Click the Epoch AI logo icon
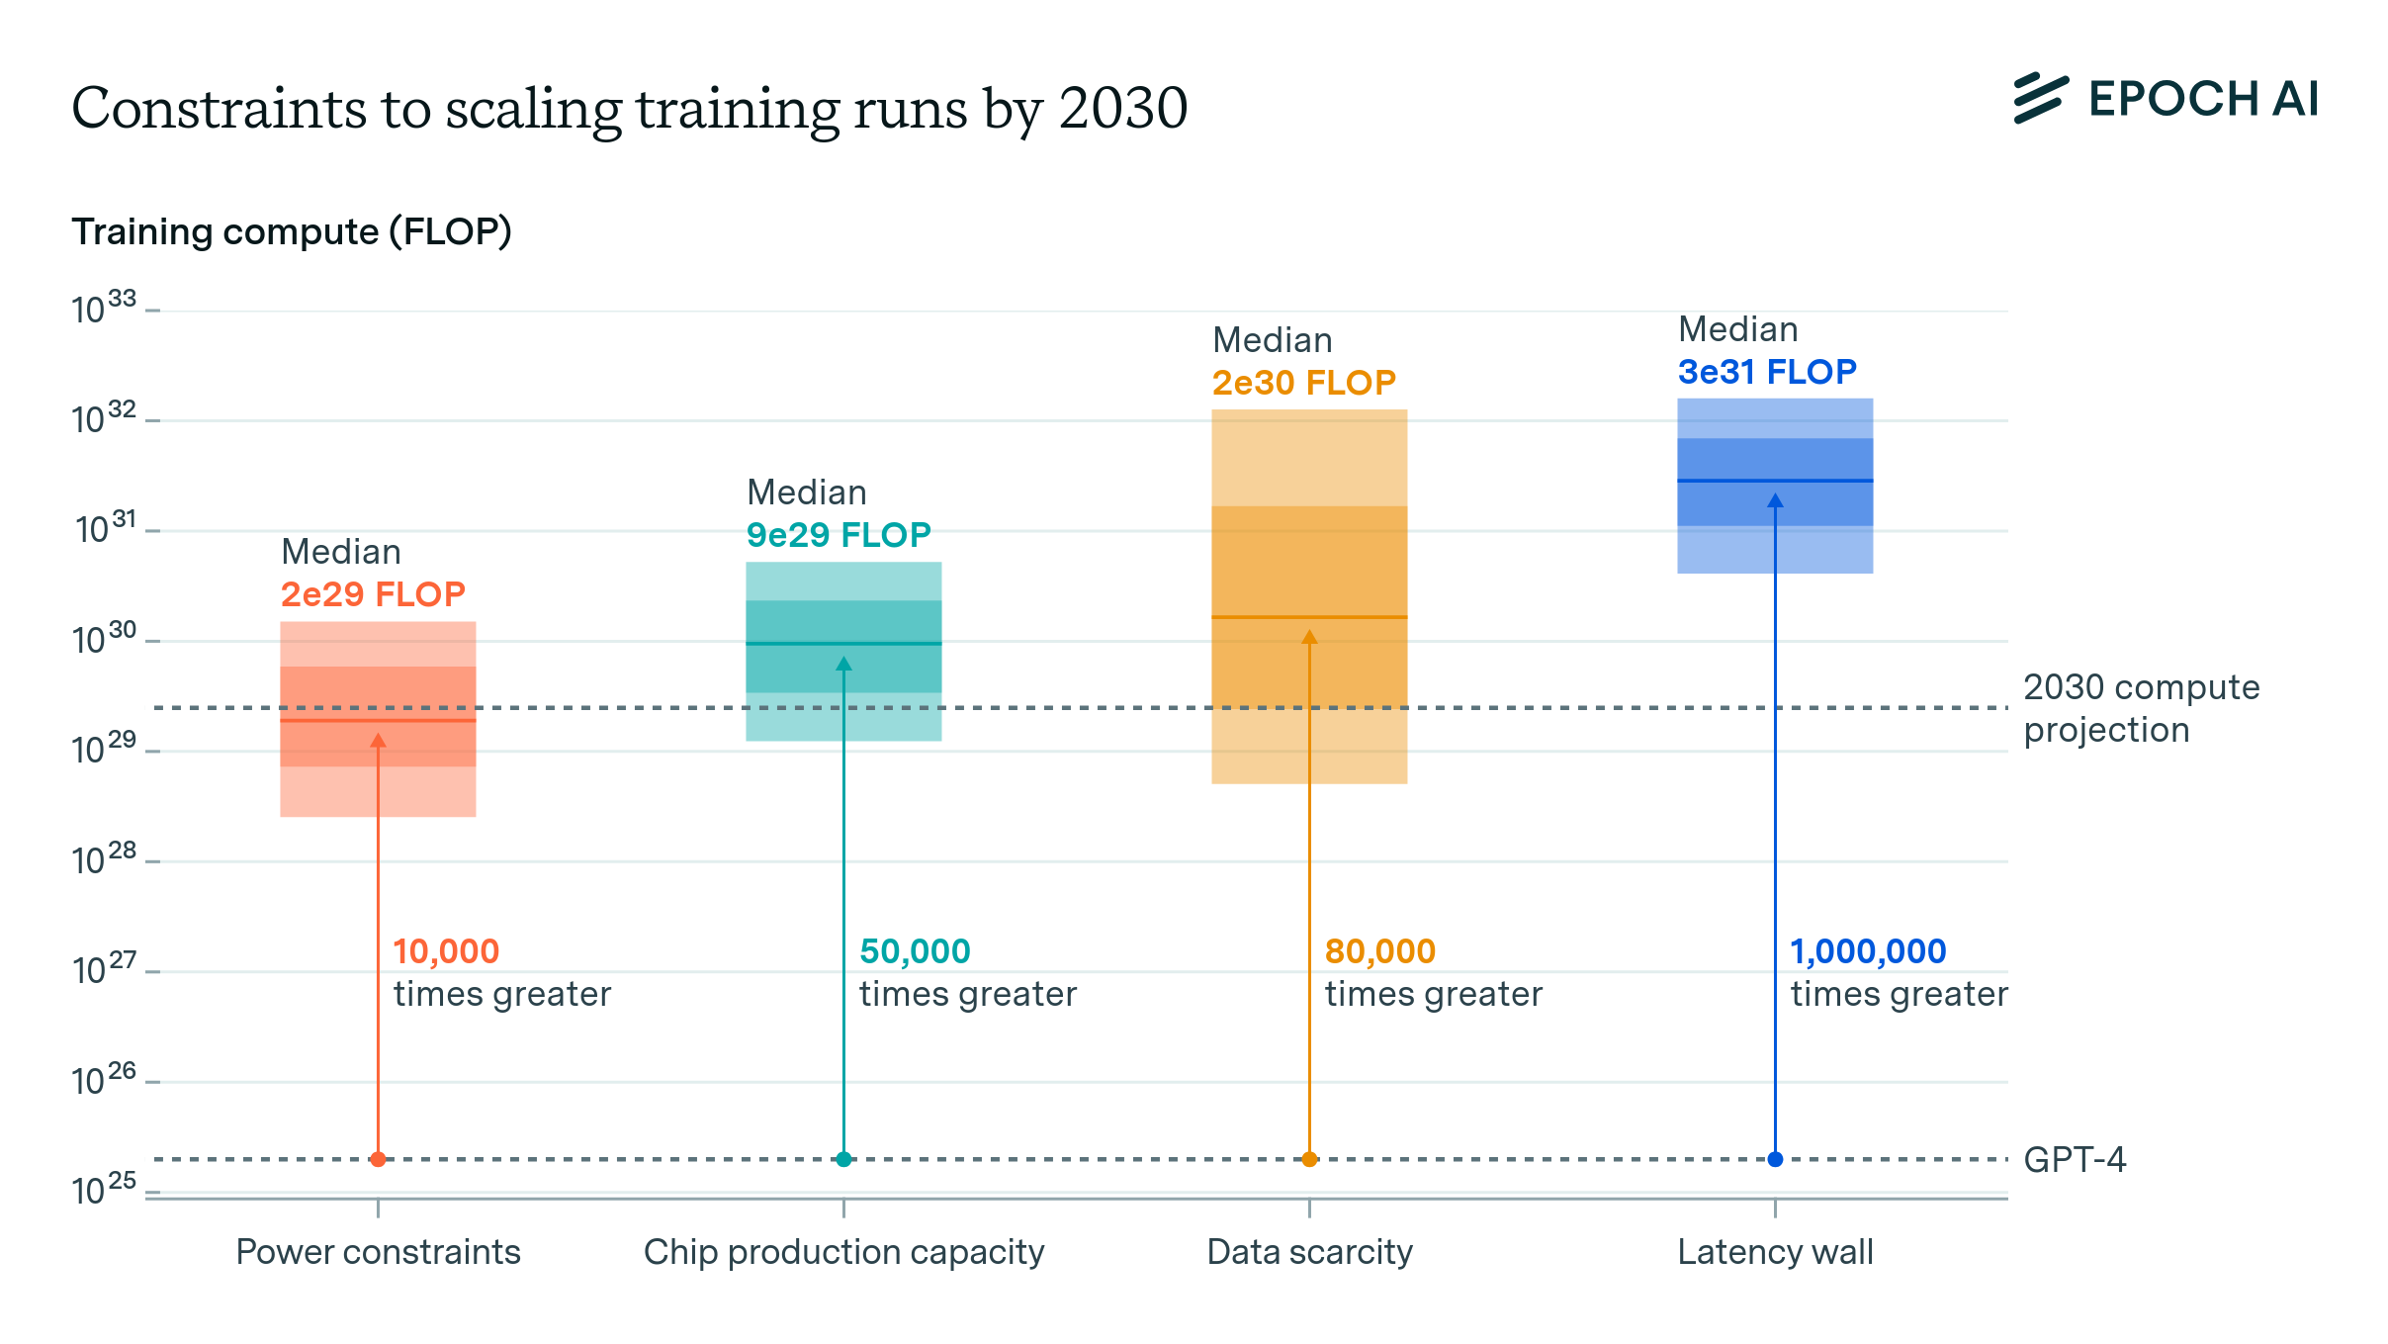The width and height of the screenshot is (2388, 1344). click(2040, 98)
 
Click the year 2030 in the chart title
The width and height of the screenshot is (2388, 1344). click(1123, 108)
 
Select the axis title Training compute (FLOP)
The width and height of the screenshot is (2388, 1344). click(292, 231)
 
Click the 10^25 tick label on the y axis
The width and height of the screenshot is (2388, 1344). click(103, 1190)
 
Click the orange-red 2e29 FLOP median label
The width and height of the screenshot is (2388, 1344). click(373, 594)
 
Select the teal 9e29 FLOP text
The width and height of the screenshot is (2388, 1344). click(839, 535)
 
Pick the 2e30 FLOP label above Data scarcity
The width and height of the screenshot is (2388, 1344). click(1303, 383)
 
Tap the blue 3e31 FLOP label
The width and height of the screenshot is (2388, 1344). click(1767, 372)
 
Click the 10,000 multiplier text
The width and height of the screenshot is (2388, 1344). click(446, 951)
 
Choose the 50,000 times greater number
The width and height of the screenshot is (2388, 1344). click(915, 951)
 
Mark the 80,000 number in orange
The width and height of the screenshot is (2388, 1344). click(1379, 951)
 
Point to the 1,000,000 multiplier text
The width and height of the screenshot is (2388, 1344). click(1868, 951)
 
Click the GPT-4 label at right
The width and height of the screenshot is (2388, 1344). click(2074, 1159)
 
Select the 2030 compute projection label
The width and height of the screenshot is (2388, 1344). click(2141, 708)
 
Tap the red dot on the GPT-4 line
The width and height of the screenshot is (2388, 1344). click(378, 1159)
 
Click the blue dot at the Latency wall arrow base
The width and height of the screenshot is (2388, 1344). click(1775, 1159)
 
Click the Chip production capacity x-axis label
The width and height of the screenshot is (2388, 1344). click(843, 1252)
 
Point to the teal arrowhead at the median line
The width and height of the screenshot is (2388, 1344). click(843, 664)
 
